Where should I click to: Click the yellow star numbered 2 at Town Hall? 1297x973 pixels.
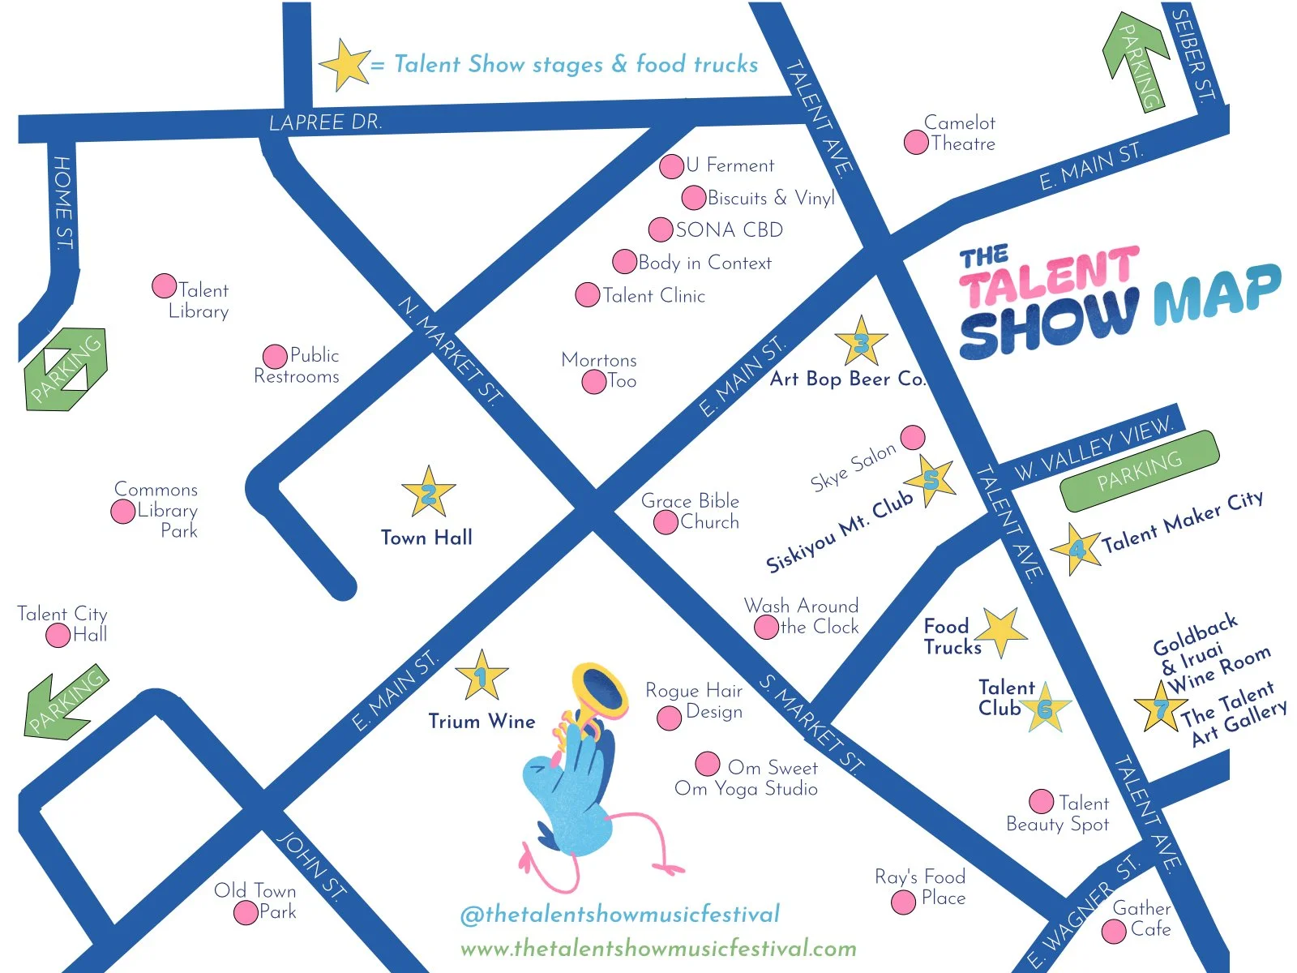(428, 492)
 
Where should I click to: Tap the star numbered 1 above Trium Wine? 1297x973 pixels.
(482, 675)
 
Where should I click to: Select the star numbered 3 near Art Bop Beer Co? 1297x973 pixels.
(861, 342)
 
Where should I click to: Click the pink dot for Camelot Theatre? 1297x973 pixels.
(916, 143)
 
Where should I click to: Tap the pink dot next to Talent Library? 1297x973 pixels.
(165, 285)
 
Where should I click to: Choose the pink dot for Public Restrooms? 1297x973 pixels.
(276, 356)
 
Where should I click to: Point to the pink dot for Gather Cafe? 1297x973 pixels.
(1114, 931)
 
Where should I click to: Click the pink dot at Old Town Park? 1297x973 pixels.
(246, 913)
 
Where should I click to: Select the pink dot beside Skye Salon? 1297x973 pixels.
(913, 437)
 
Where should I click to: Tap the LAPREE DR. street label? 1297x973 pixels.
(325, 122)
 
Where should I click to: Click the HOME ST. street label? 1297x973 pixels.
(62, 203)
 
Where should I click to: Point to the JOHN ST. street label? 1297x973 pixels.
(312, 866)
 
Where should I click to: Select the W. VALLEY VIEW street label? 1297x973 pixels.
(1094, 448)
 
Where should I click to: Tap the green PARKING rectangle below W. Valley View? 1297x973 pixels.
(1139, 471)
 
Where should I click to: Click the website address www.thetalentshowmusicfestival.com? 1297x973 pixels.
(658, 948)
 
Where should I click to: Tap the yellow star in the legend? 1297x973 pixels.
(345, 64)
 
